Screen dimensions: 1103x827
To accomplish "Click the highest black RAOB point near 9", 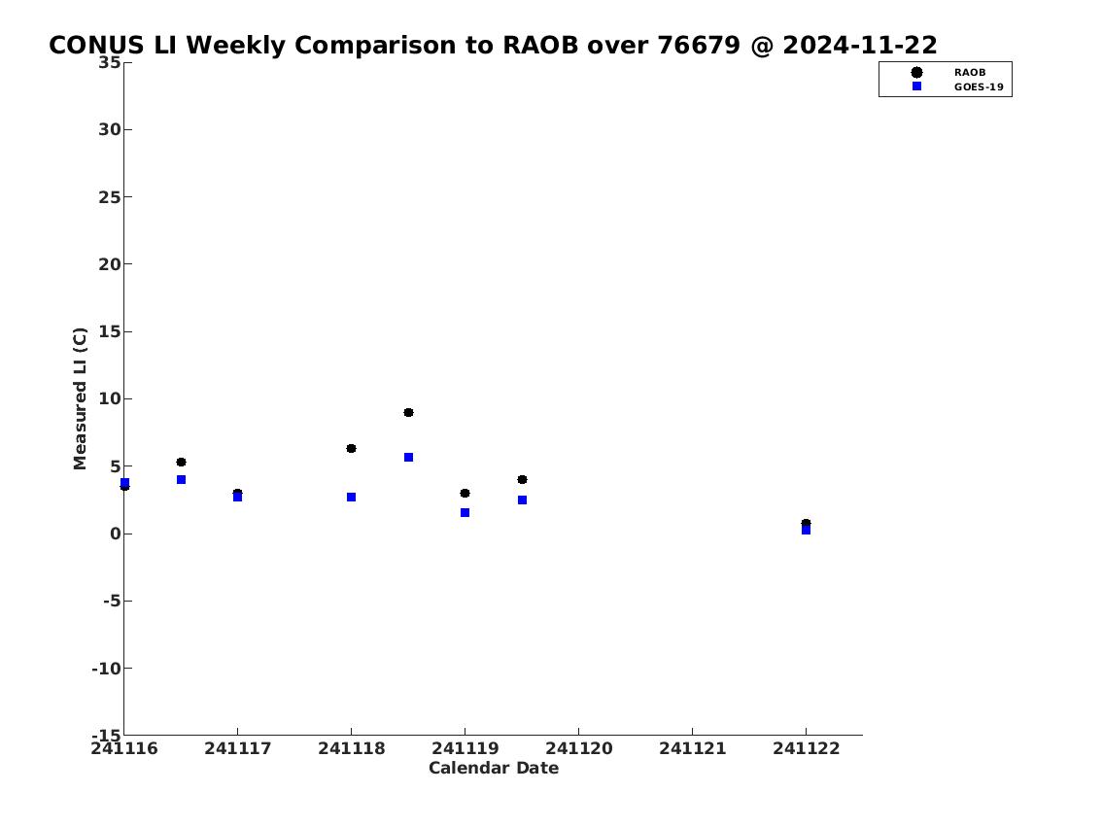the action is point(409,412).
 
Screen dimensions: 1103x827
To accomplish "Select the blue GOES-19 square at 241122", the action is point(807,531).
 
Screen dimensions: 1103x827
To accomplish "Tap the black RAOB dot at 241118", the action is point(351,449).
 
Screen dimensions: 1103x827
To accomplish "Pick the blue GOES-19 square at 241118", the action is point(351,498).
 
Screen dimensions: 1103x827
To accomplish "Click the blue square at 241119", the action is point(465,513).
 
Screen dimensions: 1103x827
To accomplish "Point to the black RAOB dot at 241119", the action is point(465,493).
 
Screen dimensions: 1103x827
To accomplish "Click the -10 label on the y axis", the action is point(106,668).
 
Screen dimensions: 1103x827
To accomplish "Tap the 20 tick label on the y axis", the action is point(109,264).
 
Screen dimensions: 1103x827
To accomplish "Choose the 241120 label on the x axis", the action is point(579,748).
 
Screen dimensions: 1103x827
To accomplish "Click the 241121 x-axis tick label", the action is point(692,748).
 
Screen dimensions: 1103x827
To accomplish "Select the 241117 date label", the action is point(238,748).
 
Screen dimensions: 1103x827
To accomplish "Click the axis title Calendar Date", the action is point(494,768).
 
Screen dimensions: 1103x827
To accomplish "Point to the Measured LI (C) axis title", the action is point(81,398).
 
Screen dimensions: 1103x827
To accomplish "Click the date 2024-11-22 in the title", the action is point(860,45).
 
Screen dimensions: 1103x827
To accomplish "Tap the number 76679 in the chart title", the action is point(700,45).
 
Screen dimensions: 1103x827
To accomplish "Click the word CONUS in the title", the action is point(96,45).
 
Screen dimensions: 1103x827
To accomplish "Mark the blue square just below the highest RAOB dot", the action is point(409,457).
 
